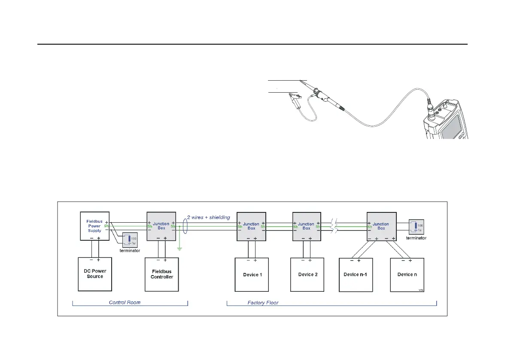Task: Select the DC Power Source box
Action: coord(95,274)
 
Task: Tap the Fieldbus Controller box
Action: coord(161,274)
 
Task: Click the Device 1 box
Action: coord(251,275)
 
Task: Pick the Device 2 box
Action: coord(307,275)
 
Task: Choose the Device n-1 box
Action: coord(356,275)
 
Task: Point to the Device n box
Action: coord(407,275)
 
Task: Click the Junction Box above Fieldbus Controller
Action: coord(161,226)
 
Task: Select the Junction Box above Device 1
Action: coord(251,226)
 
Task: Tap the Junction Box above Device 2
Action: coord(306,226)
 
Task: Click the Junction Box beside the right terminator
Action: coord(381,226)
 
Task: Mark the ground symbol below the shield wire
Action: coord(180,248)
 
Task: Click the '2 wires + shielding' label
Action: coord(209,217)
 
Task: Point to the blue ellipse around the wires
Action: coord(185,226)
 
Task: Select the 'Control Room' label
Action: coord(125,303)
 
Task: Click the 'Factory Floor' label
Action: coord(263,303)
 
